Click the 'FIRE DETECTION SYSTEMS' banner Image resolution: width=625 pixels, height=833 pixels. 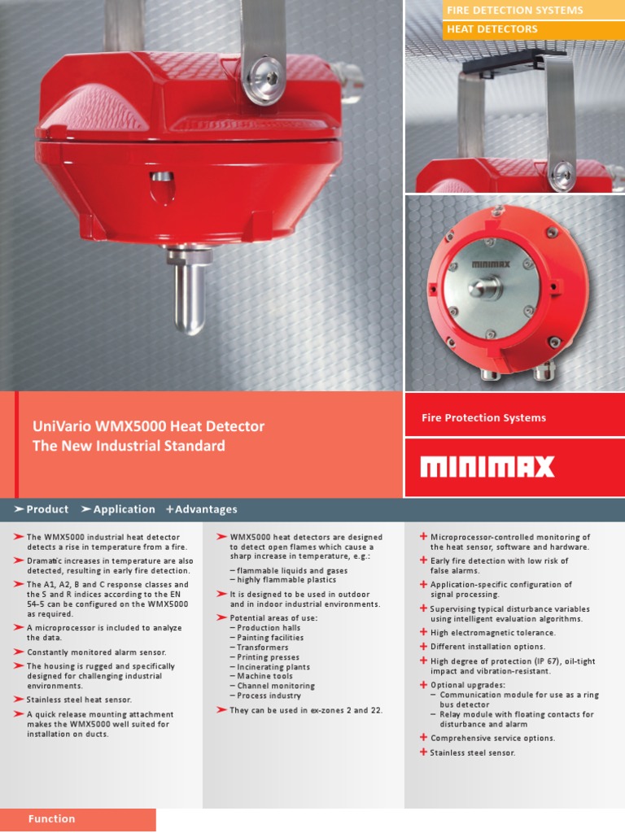pos(514,11)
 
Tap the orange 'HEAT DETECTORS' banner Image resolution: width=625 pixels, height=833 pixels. pos(492,29)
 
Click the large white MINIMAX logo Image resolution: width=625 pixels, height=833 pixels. pos(487,467)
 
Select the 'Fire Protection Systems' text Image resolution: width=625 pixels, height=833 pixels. pos(483,418)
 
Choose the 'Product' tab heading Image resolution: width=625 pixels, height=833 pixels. pos(47,509)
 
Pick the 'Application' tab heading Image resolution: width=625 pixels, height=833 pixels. pos(124,509)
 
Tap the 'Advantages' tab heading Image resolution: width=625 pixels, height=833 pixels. pos(206,509)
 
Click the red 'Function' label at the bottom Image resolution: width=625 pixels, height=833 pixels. pos(51,819)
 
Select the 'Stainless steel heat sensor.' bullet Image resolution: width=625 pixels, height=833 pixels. pos(79,700)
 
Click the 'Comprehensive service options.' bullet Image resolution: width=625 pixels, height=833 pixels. pos(493,739)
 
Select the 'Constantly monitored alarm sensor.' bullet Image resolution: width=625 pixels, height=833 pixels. pos(97,652)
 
